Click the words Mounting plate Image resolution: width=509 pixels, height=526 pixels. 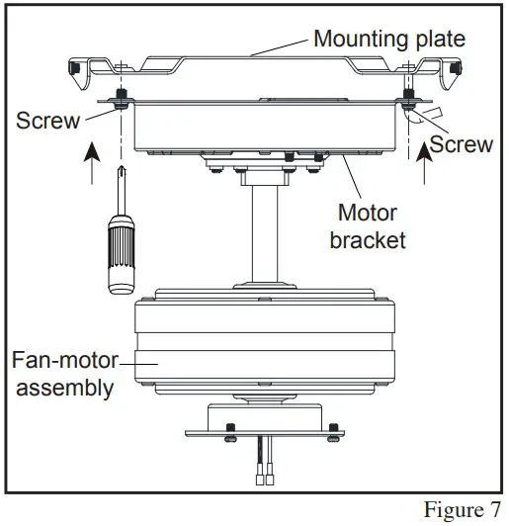coord(388,40)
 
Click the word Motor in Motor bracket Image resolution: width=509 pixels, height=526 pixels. coord(368,213)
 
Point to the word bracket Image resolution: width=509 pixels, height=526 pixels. coord(368,240)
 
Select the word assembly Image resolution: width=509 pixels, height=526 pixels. coord(62,388)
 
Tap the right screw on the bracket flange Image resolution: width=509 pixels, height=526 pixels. coord(407,100)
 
